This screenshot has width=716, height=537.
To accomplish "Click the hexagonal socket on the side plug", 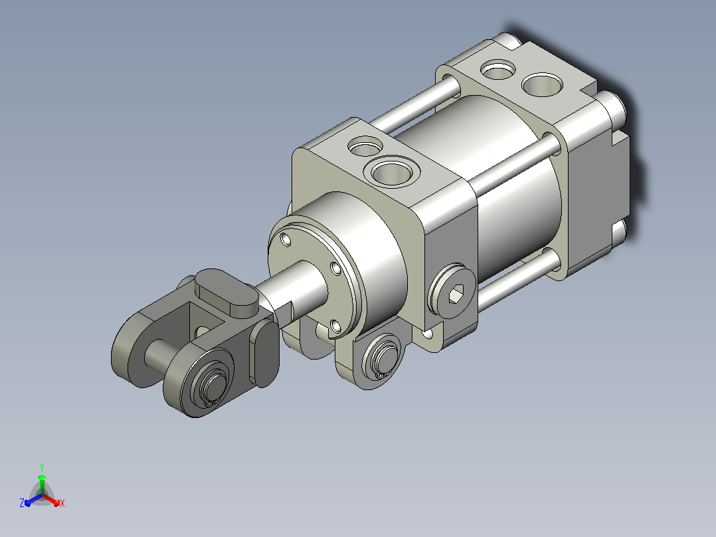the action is pos(456,293).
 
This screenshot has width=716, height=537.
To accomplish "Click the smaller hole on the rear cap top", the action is pos(498,70).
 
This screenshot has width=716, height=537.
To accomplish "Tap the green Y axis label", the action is pos(42,467).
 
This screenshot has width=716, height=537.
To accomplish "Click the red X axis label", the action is pos(62,503).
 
